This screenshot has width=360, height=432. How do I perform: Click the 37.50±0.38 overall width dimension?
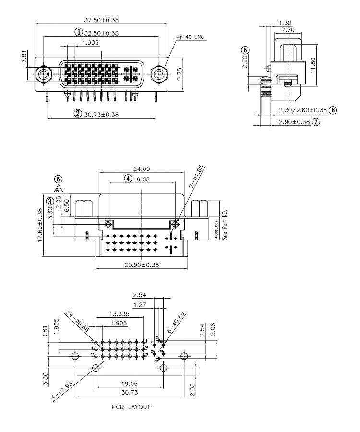click(x=101, y=20)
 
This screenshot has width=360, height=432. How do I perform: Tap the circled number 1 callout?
click(x=78, y=33)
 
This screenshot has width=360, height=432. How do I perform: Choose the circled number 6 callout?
click(x=245, y=50)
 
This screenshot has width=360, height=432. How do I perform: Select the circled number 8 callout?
click(x=333, y=110)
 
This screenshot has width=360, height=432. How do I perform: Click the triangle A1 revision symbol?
click(x=58, y=189)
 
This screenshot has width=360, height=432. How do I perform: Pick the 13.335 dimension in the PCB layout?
click(x=119, y=313)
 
